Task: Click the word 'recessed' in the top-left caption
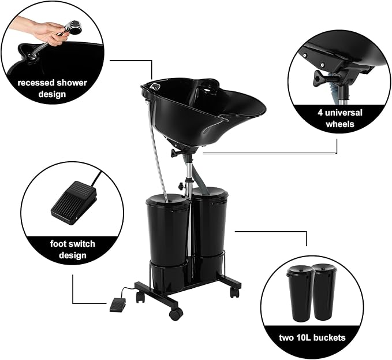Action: click(x=35, y=83)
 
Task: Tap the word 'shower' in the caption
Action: click(x=72, y=83)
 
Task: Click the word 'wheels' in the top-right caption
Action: click(x=340, y=124)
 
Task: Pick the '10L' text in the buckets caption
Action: click(x=303, y=337)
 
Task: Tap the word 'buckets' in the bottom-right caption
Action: click(x=329, y=337)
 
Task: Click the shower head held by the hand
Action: click(x=74, y=27)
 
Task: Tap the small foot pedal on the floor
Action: click(x=118, y=305)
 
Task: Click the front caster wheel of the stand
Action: click(x=176, y=314)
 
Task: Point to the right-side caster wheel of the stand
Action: click(x=234, y=292)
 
